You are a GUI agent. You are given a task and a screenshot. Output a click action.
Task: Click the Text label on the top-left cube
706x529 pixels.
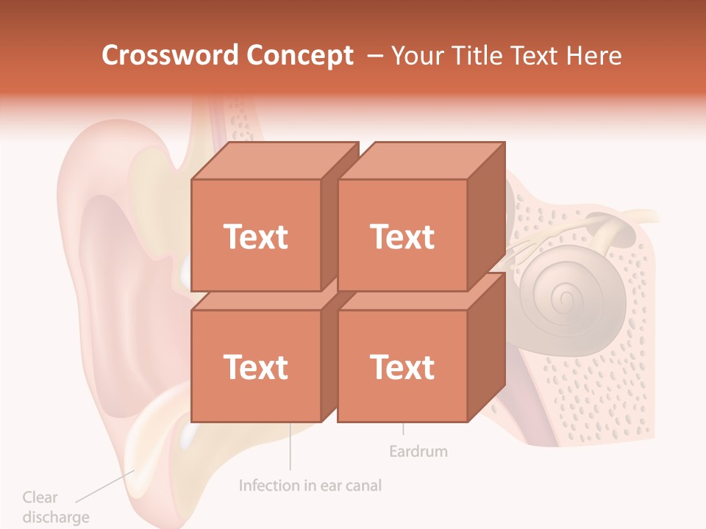click(x=256, y=237)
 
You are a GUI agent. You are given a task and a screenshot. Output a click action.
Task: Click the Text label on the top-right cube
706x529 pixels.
click(x=402, y=237)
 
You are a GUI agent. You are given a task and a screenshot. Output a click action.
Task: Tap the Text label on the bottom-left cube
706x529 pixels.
click(x=256, y=367)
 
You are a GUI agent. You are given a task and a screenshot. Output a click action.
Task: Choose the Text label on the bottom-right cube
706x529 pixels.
click(x=402, y=367)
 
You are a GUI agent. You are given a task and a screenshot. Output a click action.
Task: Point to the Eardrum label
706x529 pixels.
click(x=418, y=451)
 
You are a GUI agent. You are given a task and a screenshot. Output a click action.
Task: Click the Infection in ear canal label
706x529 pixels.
click(x=310, y=486)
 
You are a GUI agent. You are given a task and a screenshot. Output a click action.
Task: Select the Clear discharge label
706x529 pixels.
click(x=55, y=507)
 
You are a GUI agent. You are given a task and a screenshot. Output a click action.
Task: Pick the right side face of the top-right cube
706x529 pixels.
click(x=487, y=213)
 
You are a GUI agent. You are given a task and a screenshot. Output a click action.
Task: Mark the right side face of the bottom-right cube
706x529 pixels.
click(x=487, y=345)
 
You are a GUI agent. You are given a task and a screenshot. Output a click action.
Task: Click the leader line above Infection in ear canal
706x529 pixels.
click(x=290, y=448)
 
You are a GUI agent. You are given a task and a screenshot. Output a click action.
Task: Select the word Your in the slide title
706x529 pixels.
click(x=417, y=56)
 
